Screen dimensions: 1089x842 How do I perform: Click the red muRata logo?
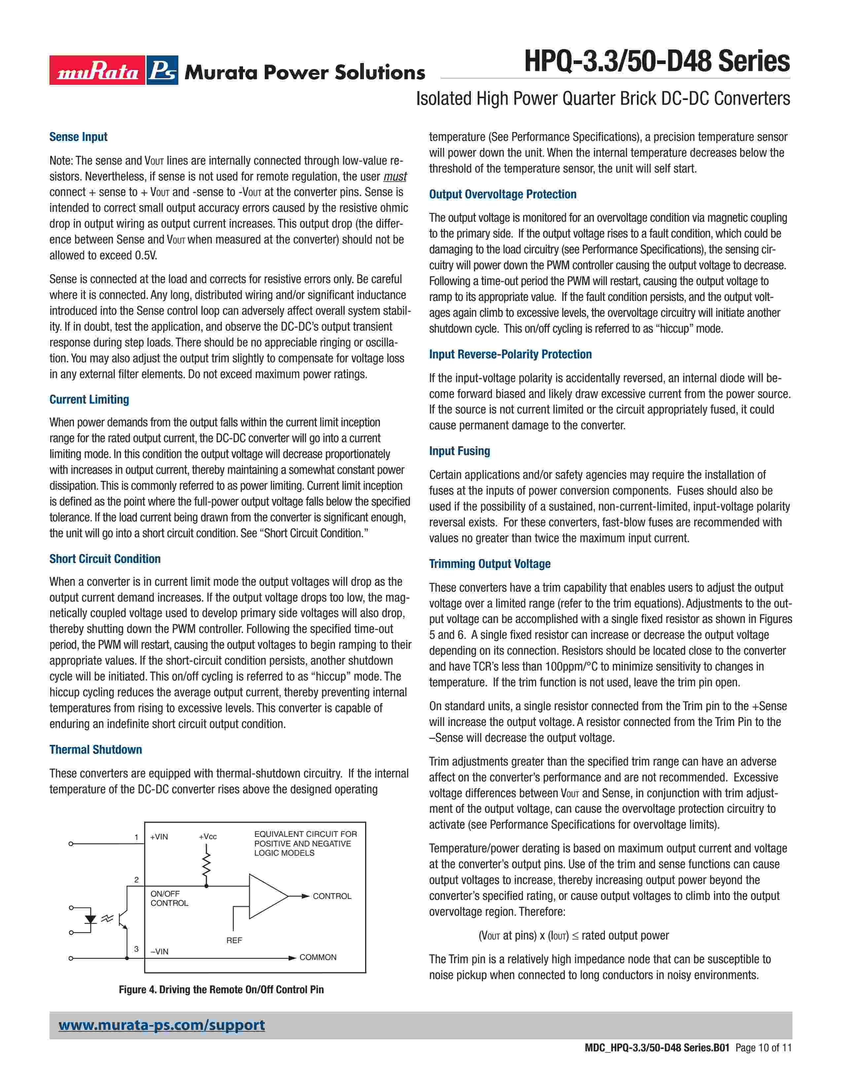[x=97, y=70]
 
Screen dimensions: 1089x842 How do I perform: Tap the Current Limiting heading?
[x=89, y=399]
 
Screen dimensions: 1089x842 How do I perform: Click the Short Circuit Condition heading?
[x=105, y=559]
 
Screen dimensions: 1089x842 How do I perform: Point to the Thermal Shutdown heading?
[x=95, y=749]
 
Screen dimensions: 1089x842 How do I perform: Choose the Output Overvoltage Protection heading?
[x=502, y=194]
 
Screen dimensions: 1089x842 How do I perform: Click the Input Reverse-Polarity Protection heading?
[x=510, y=354]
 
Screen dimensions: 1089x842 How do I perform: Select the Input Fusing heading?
[x=459, y=451]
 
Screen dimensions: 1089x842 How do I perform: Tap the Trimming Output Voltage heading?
[x=489, y=564]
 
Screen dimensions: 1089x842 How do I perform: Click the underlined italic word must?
[x=395, y=177]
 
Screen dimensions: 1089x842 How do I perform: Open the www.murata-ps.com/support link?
[x=161, y=1025]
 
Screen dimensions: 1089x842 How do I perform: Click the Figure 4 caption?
[x=221, y=990]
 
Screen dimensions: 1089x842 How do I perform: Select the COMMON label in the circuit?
[x=318, y=957]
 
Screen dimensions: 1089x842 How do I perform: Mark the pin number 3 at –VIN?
[x=136, y=949]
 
